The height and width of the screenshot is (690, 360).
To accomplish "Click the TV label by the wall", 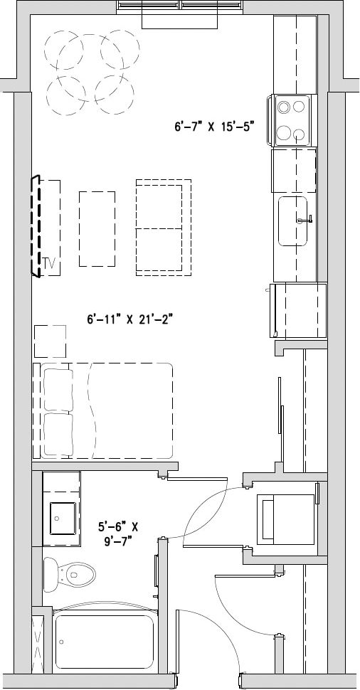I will tap(49, 263).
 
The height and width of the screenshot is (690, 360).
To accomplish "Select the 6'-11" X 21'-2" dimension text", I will tap(130, 319).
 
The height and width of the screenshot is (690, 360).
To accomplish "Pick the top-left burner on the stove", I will tap(285, 107).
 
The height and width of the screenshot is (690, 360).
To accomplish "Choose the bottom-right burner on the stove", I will tap(300, 133).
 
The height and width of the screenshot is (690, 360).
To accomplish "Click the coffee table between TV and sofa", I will tap(97, 228).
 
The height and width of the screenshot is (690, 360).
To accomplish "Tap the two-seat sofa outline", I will tap(164, 228).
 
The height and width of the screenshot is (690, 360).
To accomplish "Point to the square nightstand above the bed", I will tap(50, 341).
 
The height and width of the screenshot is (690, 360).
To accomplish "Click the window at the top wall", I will tap(180, 6).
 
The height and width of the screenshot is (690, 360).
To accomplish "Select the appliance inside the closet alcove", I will tap(285, 519).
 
